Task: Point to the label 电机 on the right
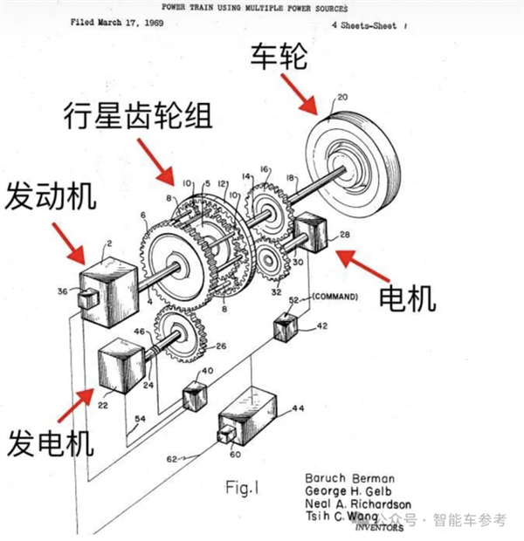click(407, 298)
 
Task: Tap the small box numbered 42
click(286, 326)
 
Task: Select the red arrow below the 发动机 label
click(71, 242)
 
